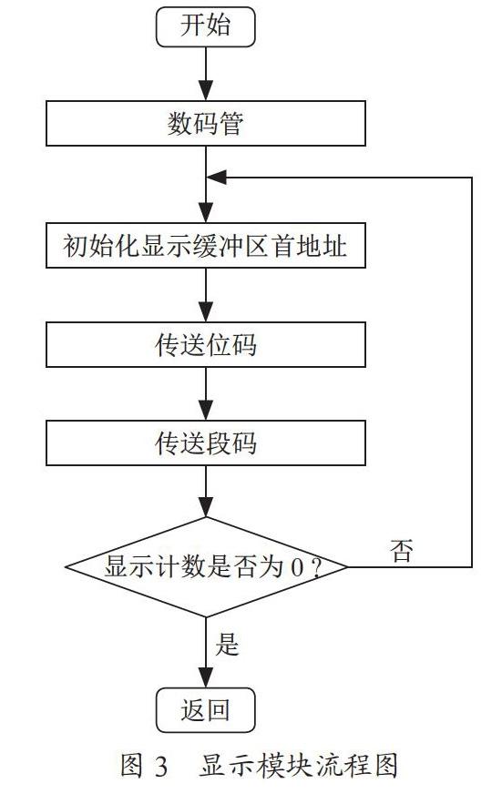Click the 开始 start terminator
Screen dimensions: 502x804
tap(205, 26)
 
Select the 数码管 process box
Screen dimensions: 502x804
tap(205, 123)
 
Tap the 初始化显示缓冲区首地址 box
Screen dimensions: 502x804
tap(205, 245)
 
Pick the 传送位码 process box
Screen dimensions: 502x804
tap(205, 344)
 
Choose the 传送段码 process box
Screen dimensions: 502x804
tap(205, 443)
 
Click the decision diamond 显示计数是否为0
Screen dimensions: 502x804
tap(206, 566)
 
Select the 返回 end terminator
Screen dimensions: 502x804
tap(205, 710)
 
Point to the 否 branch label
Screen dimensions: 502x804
tap(402, 551)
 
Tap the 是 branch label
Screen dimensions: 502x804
tap(227, 644)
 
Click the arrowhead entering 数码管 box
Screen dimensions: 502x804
tap(206, 91)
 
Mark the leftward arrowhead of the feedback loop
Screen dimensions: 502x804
tap(217, 178)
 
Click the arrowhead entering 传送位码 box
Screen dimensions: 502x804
tap(206, 311)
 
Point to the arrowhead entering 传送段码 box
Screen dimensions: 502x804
tap(206, 411)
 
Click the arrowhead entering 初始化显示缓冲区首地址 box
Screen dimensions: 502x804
tap(206, 213)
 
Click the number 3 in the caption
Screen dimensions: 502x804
tap(161, 767)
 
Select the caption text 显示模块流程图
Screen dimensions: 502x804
tap(298, 766)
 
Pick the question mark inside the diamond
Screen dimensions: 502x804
tap(316, 567)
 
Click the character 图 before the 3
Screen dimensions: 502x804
tap(131, 766)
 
